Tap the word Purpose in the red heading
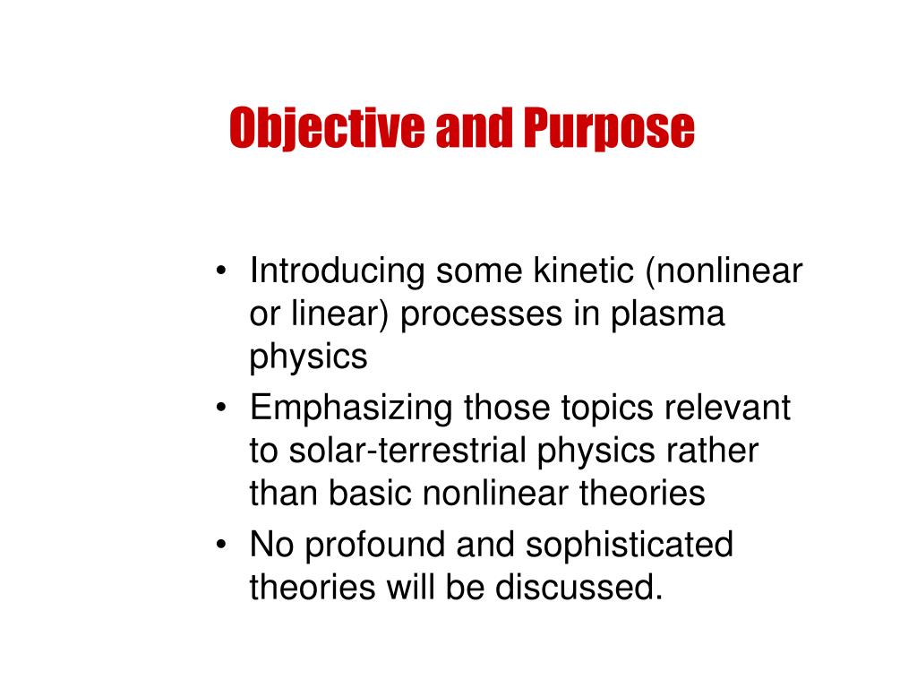(x=609, y=128)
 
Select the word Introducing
(x=338, y=271)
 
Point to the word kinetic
(x=578, y=271)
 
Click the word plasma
(x=668, y=315)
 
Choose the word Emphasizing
(x=351, y=408)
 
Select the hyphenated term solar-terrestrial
(x=407, y=451)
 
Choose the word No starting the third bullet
(x=270, y=545)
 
